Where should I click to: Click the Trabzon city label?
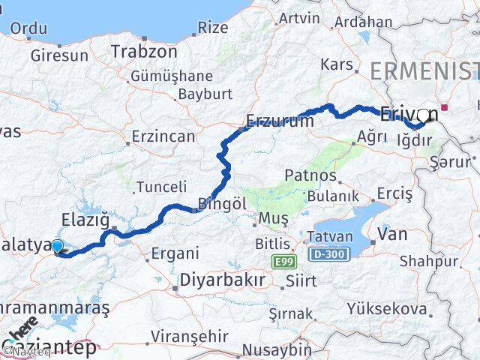tap(144, 52)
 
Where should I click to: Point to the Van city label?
tap(393, 234)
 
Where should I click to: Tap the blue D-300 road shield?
tap(328, 256)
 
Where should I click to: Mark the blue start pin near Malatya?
tap(57, 245)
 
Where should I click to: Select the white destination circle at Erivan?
tap(424, 115)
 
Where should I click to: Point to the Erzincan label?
tap(163, 137)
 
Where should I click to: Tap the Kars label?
tap(336, 64)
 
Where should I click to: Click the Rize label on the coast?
tap(213, 28)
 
